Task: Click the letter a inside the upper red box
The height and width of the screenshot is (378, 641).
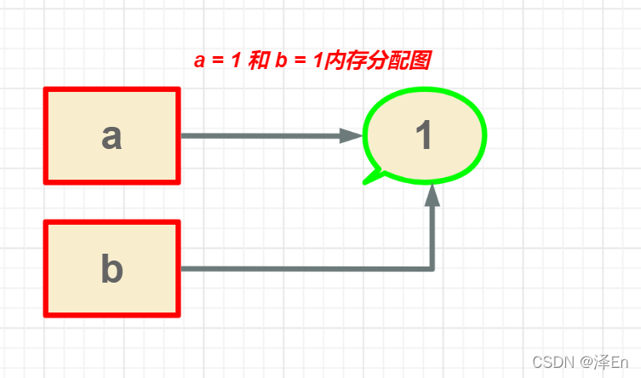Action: [x=112, y=135]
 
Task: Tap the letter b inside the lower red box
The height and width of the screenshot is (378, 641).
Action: [x=112, y=269]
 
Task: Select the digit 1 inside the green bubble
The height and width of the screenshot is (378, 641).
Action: [x=424, y=135]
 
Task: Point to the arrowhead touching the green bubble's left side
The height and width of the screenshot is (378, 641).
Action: [x=351, y=135]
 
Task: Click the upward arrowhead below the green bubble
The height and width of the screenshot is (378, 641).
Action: [x=432, y=195]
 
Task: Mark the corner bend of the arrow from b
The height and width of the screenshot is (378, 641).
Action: [x=432, y=269]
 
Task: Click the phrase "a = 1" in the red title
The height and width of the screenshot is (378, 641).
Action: [x=217, y=62]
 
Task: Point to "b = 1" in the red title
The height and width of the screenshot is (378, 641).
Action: [x=297, y=62]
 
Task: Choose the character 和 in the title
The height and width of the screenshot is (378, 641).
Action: [x=260, y=62]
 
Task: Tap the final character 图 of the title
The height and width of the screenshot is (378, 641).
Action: [x=418, y=62]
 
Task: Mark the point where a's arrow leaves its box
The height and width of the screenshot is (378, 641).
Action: [x=183, y=135]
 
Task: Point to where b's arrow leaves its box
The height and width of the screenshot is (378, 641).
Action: [x=183, y=269]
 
